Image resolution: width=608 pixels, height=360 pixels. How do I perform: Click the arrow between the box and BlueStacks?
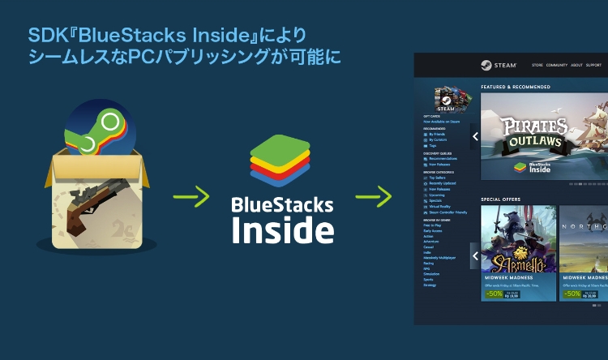[191, 196]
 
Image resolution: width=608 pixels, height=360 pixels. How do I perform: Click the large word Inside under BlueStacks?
[282, 229]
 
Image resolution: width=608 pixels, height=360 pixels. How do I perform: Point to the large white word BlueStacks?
[282, 204]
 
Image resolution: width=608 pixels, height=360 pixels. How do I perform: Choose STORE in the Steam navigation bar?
[537, 65]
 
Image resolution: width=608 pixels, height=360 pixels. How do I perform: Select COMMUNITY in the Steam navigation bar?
[556, 65]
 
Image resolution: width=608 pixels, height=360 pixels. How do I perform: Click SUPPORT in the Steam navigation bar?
[593, 65]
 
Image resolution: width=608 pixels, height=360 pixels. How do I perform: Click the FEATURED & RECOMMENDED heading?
[516, 87]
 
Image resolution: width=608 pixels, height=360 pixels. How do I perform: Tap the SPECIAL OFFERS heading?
[500, 199]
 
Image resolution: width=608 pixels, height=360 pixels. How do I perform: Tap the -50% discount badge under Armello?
[494, 294]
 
